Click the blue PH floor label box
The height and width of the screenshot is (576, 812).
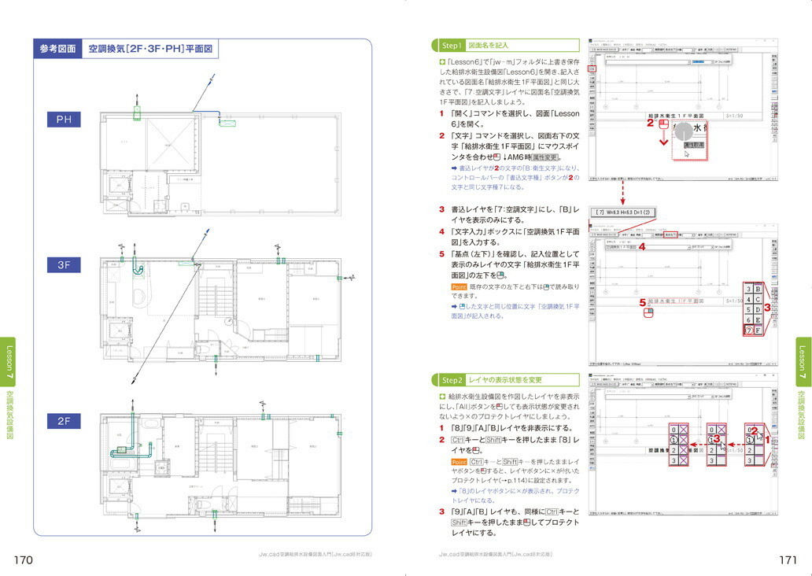(64, 120)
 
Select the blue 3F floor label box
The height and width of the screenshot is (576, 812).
(64, 265)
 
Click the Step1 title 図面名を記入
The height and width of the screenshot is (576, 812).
(488, 46)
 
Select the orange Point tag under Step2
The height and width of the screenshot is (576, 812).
(459, 461)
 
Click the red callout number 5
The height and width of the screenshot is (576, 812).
(642, 301)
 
